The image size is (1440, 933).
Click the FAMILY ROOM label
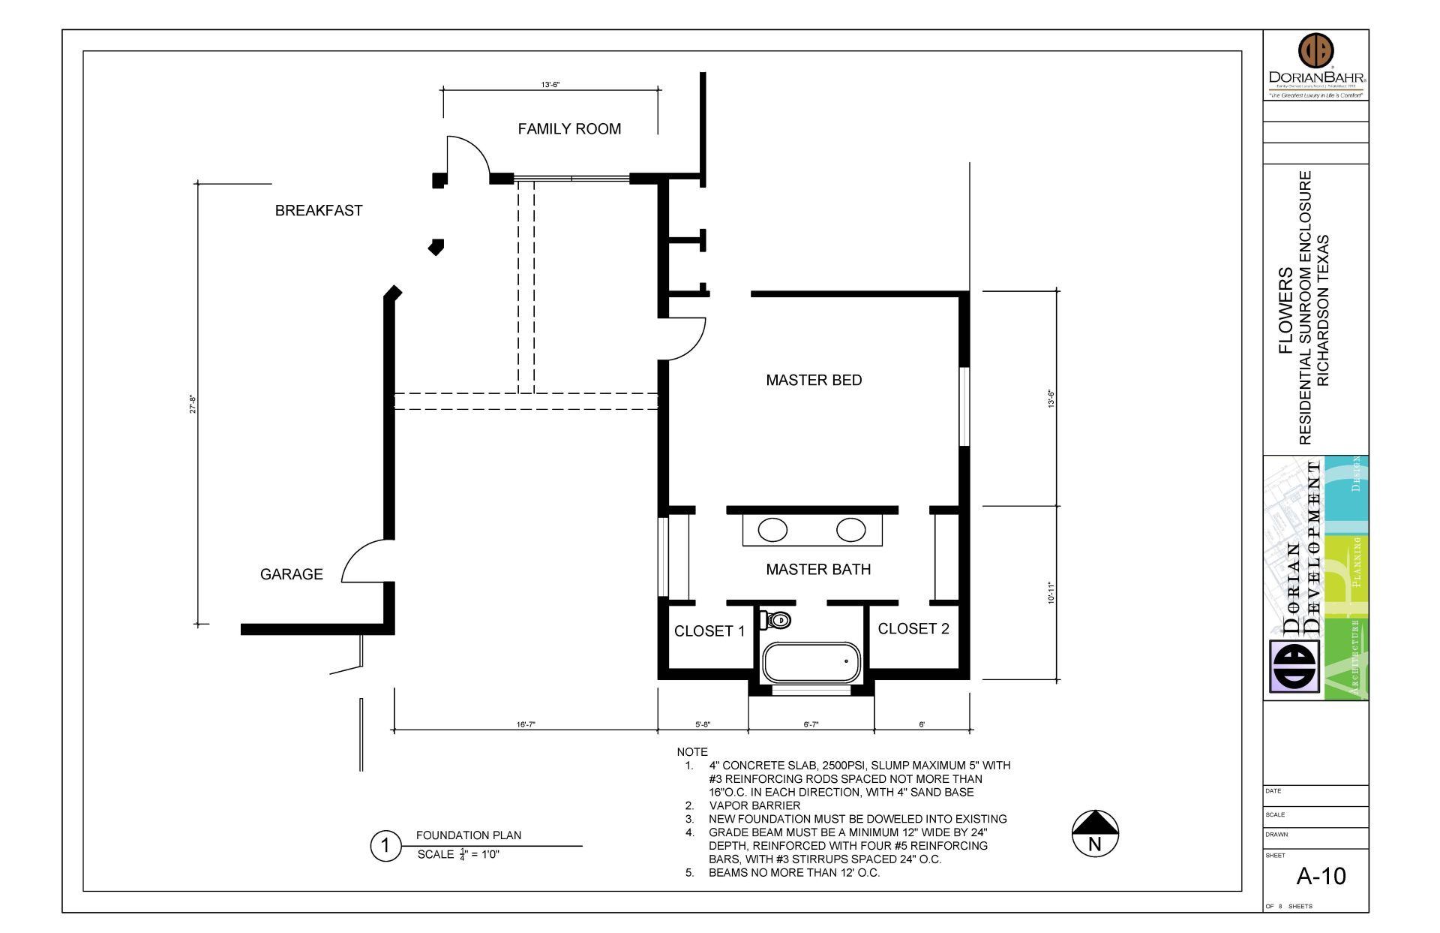point(569,129)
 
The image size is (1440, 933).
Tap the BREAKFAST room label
point(319,211)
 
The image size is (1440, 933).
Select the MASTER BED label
point(814,381)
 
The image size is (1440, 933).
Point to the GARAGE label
point(291,574)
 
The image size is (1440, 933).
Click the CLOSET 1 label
point(709,631)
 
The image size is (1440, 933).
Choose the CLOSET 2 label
point(913,629)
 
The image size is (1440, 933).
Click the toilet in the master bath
point(777,620)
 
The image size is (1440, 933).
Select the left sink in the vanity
point(772,530)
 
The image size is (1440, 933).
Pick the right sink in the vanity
point(851,530)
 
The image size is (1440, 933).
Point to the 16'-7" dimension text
point(526,725)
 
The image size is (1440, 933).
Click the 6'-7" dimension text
point(811,725)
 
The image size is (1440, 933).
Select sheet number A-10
point(1321,876)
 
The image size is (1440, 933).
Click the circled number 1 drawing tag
point(385,847)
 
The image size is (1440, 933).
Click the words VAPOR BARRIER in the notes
point(754,805)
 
